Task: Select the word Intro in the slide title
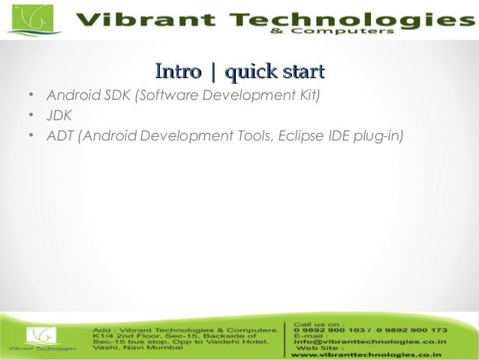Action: tap(178, 72)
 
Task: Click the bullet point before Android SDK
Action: tap(29, 97)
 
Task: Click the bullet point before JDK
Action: tap(29, 116)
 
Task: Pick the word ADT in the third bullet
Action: tap(59, 136)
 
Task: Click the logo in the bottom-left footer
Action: tap(42, 337)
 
